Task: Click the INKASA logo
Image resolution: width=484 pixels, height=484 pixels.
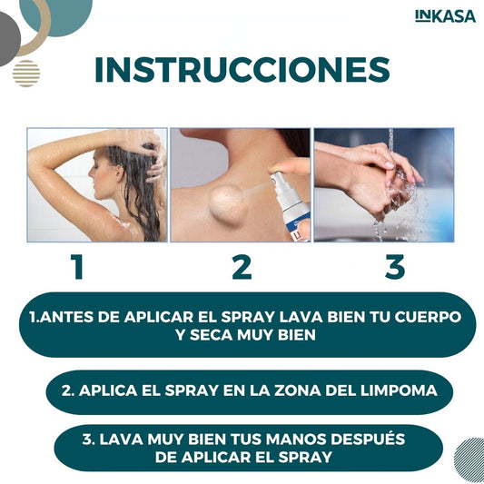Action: tap(444, 16)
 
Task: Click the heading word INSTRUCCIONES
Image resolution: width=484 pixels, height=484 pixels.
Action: tap(242, 70)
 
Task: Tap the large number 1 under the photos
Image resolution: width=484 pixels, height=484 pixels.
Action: tap(78, 267)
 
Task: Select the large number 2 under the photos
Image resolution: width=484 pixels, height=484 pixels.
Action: tap(242, 267)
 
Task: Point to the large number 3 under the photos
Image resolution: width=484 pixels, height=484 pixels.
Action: tap(394, 267)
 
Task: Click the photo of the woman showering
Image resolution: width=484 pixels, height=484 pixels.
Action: tap(97, 184)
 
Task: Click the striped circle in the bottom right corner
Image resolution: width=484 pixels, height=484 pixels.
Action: tap(469, 456)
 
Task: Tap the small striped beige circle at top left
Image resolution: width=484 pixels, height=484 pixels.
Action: tap(26, 73)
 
